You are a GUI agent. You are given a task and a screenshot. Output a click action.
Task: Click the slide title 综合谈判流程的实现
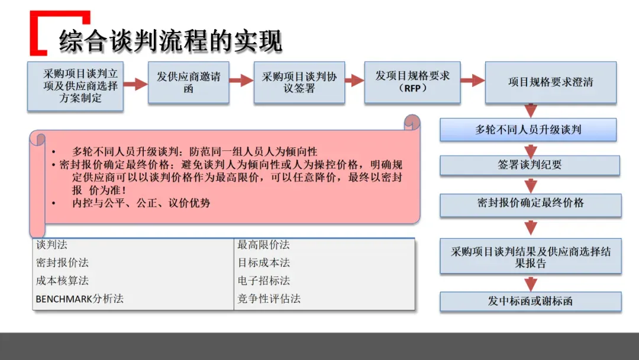(x=170, y=41)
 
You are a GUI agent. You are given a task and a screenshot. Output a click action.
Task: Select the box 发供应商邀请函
(x=188, y=83)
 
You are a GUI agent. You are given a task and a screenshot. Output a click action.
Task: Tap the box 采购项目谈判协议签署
(x=299, y=83)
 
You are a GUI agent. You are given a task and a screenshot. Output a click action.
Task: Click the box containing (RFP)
(x=412, y=82)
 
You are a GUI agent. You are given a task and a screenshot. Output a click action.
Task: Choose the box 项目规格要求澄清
(x=550, y=82)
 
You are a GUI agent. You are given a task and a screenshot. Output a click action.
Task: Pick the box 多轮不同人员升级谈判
(x=528, y=130)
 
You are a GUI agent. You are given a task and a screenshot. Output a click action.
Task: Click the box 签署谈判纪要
(x=530, y=165)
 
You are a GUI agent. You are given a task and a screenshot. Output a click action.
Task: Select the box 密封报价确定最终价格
(x=530, y=204)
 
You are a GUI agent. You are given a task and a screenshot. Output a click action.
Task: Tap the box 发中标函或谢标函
(x=530, y=301)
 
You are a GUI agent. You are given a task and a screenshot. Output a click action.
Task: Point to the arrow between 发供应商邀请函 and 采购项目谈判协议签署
(x=241, y=81)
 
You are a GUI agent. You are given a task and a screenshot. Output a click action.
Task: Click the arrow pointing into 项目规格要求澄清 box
(x=472, y=81)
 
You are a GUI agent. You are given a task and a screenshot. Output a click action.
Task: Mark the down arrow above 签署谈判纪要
(x=531, y=149)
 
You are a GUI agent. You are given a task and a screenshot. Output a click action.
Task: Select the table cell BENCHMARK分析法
(x=80, y=298)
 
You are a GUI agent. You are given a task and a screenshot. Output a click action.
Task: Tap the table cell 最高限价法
(x=263, y=245)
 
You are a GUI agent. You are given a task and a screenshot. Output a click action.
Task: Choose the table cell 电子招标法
(x=264, y=281)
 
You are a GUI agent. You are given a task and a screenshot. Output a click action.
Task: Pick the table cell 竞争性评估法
(x=269, y=298)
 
